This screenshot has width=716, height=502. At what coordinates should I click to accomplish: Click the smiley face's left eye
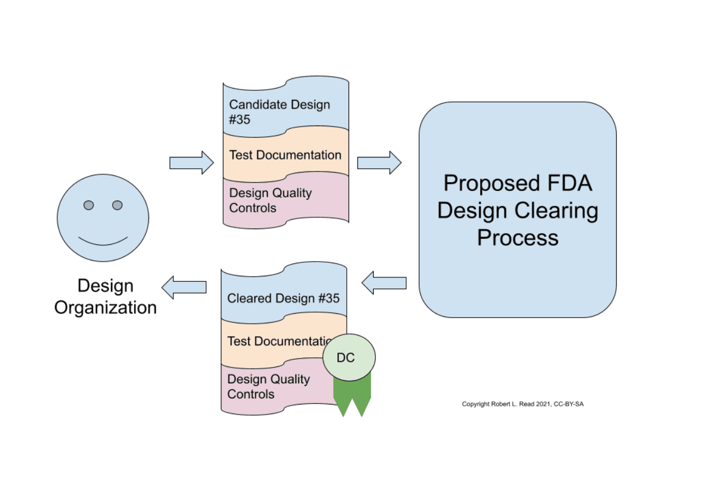pyautogui.click(x=89, y=205)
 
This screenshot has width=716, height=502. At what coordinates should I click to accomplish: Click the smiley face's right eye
pyautogui.click(x=117, y=205)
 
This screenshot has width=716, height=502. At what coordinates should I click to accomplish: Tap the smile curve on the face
pyautogui.click(x=103, y=241)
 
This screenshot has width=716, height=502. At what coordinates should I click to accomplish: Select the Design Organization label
pyautogui.click(x=105, y=296)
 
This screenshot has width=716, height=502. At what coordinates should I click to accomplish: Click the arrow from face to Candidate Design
pyautogui.click(x=192, y=162)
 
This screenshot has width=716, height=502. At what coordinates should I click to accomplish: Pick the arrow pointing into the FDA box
pyautogui.click(x=379, y=162)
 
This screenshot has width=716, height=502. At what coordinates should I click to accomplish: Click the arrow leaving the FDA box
pyautogui.click(x=384, y=282)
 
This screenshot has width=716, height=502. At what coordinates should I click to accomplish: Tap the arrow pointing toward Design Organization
pyautogui.click(x=184, y=287)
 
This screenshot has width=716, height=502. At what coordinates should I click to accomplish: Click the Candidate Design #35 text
pyautogui.click(x=279, y=111)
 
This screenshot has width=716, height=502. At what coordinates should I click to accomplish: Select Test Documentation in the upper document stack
pyautogui.click(x=285, y=155)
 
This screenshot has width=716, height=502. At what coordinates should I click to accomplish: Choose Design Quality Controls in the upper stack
pyautogui.click(x=270, y=201)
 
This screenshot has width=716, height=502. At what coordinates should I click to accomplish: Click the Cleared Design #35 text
pyautogui.click(x=283, y=298)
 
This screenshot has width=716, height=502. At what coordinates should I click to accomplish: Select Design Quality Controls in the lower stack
pyautogui.click(x=268, y=387)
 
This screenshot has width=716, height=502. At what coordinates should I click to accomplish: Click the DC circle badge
pyautogui.click(x=349, y=357)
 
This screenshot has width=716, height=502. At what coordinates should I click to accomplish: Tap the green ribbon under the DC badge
pyautogui.click(x=352, y=397)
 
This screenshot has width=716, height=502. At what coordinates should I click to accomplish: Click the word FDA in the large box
pyautogui.click(x=566, y=184)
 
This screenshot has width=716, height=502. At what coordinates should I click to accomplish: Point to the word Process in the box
pyautogui.click(x=518, y=238)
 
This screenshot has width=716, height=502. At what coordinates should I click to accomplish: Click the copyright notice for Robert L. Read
pyautogui.click(x=522, y=404)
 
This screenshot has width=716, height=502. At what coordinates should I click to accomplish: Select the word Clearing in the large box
pyautogui.click(x=557, y=211)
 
